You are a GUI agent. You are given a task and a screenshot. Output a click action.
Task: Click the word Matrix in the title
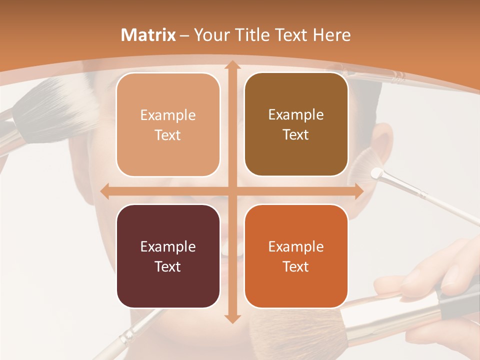click(x=148, y=35)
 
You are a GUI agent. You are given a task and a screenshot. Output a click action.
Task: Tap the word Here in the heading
click(x=331, y=35)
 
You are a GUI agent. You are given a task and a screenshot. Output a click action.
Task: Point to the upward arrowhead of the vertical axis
click(x=232, y=65)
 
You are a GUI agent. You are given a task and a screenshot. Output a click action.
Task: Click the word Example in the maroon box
click(x=168, y=246)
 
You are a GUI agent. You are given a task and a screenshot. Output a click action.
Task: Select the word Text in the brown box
click(x=296, y=135)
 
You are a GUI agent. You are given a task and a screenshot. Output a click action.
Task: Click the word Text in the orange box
click(x=296, y=266)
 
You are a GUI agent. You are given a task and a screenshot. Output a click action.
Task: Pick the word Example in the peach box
click(x=168, y=115)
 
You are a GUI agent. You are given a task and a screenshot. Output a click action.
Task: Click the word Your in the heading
click(x=208, y=35)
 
